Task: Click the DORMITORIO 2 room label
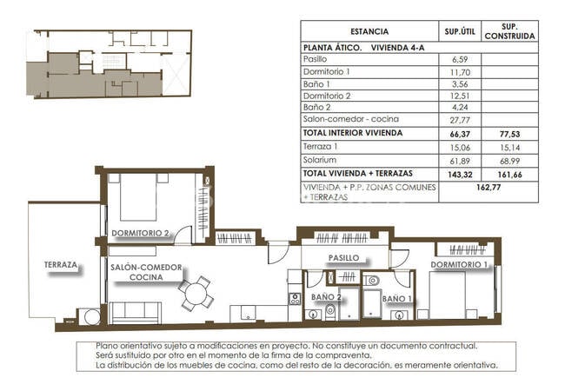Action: tap(140, 233)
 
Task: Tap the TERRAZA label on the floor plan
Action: tap(61, 265)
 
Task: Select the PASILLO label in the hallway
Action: tap(343, 258)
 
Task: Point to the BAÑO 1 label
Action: tap(396, 299)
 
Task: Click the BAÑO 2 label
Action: tap(326, 297)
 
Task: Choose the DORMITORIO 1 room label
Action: tap(459, 265)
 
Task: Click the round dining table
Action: tap(196, 294)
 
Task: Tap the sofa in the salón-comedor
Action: tap(135, 313)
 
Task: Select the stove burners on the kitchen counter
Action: tap(295, 299)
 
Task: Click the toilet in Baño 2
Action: tap(330, 312)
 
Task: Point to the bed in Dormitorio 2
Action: tap(138, 197)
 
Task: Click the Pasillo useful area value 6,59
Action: tap(460, 59)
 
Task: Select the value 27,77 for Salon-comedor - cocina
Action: tap(460, 120)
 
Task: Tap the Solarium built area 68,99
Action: tap(510, 161)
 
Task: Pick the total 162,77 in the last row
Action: tap(489, 187)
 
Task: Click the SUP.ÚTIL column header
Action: tap(460, 31)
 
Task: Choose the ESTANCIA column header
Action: tap(369, 31)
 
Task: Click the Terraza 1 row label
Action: tap(320, 147)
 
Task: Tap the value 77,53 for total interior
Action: tap(510, 134)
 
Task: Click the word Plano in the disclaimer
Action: tap(107, 346)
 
